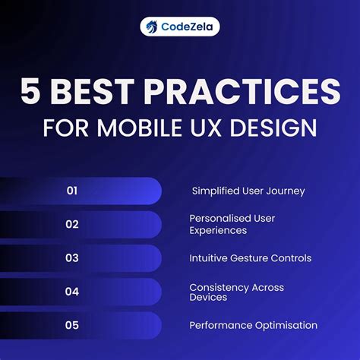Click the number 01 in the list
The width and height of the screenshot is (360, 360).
pyautogui.click(x=72, y=191)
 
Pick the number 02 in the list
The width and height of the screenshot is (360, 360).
pyautogui.click(x=72, y=224)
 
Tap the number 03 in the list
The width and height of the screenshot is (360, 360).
pyautogui.click(x=72, y=257)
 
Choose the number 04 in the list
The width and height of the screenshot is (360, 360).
pyautogui.click(x=72, y=291)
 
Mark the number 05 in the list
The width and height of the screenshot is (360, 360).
pyautogui.click(x=72, y=325)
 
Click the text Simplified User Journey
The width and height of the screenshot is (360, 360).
pyautogui.click(x=248, y=191)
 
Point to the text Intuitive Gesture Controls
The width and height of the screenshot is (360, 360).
pyautogui.click(x=250, y=257)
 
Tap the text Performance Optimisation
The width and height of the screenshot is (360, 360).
pyautogui.click(x=253, y=325)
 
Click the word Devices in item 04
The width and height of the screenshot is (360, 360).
pyautogui.click(x=207, y=298)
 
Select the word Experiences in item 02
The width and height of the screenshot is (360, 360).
pyautogui.click(x=219, y=230)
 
